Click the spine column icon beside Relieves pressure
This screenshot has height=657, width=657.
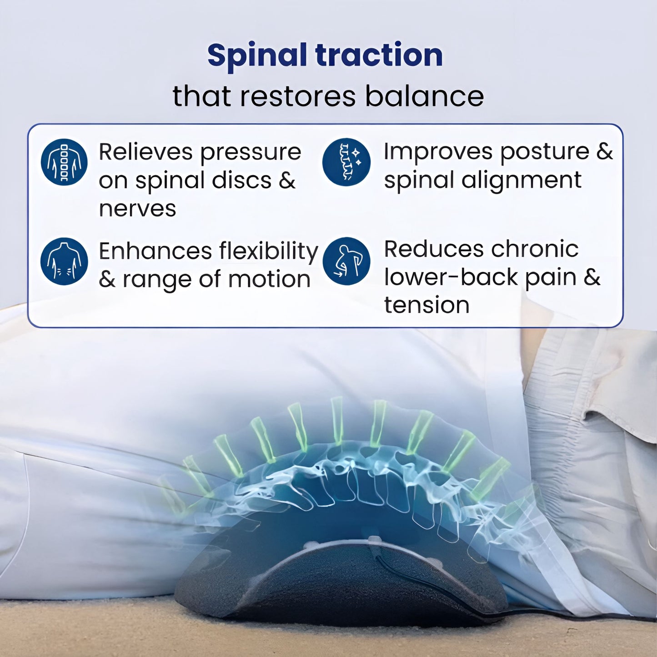click(64, 162)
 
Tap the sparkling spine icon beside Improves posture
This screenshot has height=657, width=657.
click(346, 162)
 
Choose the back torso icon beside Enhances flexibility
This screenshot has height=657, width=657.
click(64, 261)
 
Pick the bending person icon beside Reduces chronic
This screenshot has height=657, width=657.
click(346, 261)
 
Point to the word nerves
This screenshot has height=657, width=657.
click(137, 209)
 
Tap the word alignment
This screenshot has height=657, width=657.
click(522, 180)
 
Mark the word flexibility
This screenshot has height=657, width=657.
click(269, 251)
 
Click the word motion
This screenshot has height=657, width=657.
click(269, 279)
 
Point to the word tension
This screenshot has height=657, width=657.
click(426, 305)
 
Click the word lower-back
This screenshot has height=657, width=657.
click(451, 277)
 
